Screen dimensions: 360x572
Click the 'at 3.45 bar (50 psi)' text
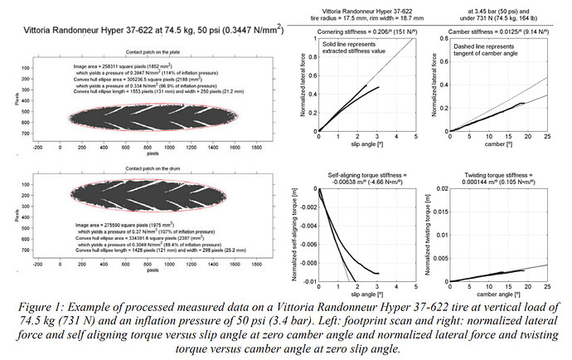pos(496,12)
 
